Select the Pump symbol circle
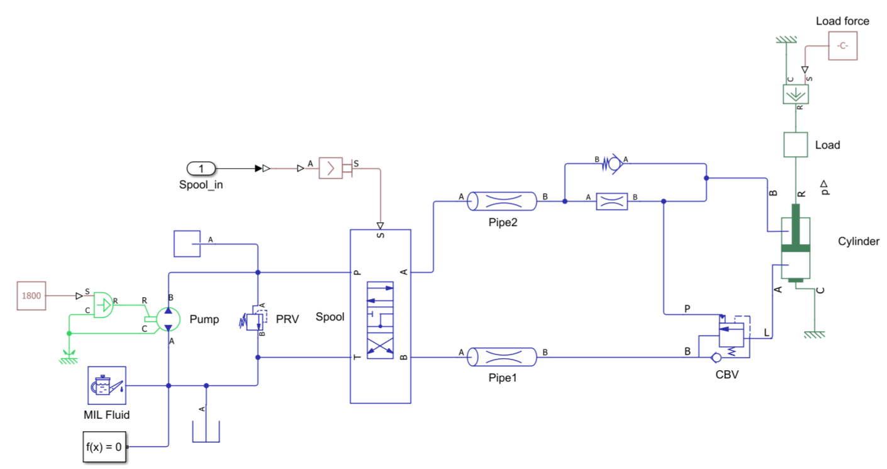(x=168, y=319)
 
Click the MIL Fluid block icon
(x=106, y=385)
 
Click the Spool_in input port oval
(x=201, y=168)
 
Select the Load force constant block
(x=842, y=46)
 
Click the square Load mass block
(x=795, y=145)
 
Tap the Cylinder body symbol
(x=795, y=249)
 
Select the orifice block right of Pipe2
(x=612, y=201)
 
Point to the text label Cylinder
(x=858, y=242)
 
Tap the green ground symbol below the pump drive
(x=69, y=356)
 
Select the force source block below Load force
(x=795, y=94)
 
